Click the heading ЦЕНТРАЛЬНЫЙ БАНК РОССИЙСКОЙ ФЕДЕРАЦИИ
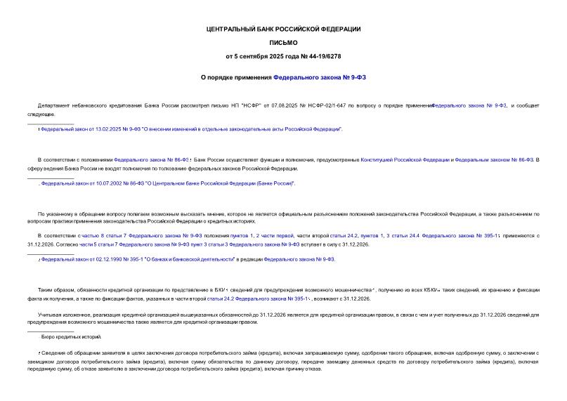283,29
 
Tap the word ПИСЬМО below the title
283,42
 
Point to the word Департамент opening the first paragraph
54,105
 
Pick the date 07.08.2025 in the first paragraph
278,105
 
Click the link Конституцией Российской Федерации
404,160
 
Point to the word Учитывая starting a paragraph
50,315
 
